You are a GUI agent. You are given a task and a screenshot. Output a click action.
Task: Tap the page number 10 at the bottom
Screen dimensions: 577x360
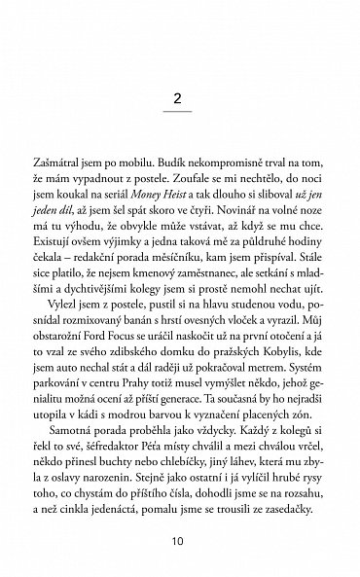[x=179, y=539]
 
